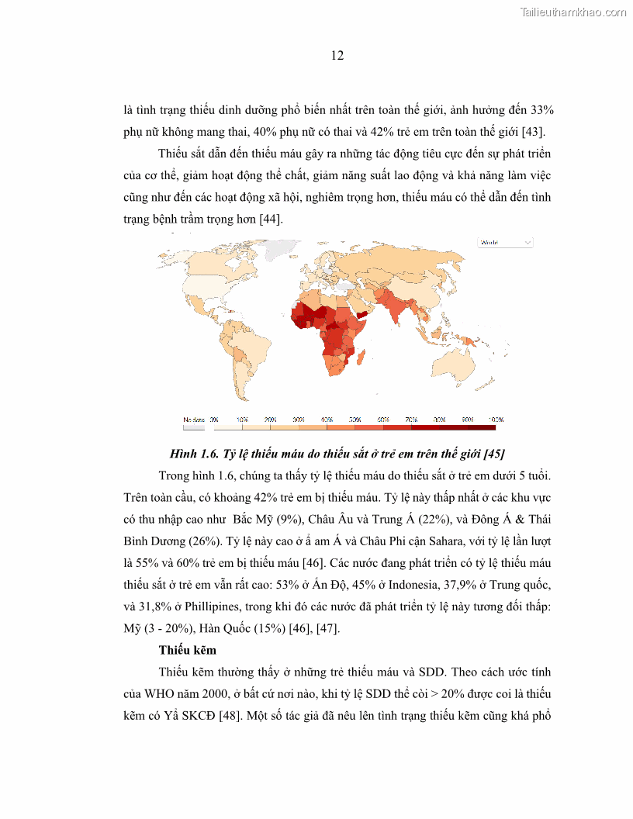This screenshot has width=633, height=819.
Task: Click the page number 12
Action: point(337,56)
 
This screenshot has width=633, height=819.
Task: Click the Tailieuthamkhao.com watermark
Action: point(573,12)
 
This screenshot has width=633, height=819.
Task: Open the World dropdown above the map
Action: point(505,243)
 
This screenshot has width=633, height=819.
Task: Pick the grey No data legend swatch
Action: point(194,427)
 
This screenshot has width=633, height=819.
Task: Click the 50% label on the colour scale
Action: point(355,419)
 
